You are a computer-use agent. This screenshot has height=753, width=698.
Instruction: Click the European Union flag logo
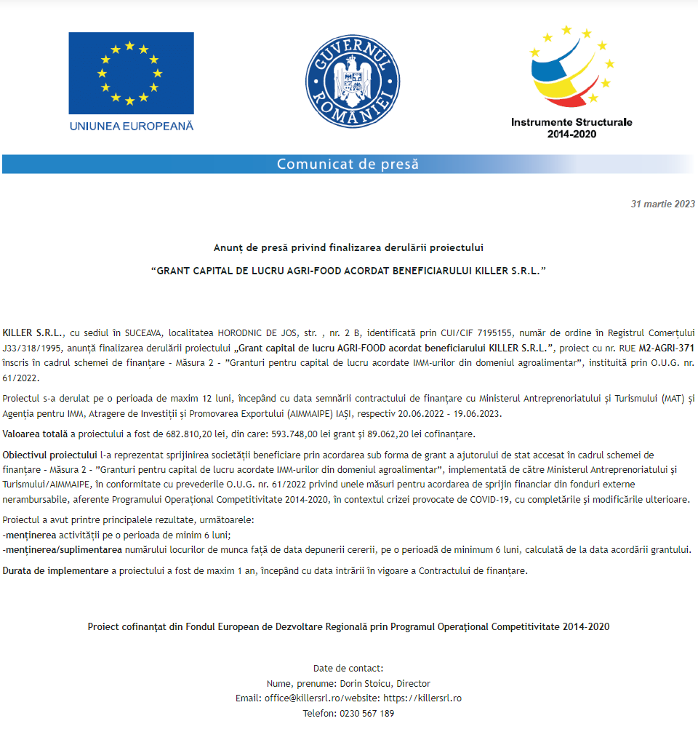131,73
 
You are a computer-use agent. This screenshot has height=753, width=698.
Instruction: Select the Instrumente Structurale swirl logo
572,67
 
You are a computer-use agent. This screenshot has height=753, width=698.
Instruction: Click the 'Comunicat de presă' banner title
348,164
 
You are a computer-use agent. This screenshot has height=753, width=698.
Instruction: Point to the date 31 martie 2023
662,204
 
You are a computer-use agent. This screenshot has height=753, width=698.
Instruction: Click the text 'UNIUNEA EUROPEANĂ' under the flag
132,126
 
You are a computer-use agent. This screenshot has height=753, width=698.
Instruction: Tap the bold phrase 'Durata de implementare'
55,571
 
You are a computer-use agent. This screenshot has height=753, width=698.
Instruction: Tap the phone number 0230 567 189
367,714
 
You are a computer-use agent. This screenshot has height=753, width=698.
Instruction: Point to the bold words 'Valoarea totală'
35,434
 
